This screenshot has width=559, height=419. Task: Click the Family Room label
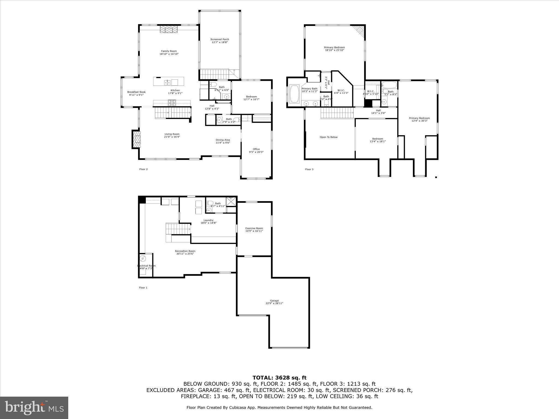pos(169,51)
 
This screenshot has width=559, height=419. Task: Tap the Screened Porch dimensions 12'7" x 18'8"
pos(220,42)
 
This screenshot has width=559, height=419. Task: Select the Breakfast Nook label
pos(136,92)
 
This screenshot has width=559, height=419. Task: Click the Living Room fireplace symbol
pos(136,139)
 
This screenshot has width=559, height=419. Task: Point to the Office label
pos(256,149)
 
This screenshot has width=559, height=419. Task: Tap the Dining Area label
pos(223,140)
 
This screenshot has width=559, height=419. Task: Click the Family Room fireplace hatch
pos(168,29)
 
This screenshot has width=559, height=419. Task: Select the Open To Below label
pos(329,137)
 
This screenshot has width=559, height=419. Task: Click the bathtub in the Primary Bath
pos(294,94)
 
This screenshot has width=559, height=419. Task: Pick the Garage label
pos(274,301)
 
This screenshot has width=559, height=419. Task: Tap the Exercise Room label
pos(254,228)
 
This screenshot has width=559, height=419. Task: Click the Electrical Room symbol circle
pos(143,258)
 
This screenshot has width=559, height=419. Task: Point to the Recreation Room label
pos(185,251)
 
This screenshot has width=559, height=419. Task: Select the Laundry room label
pos(208,220)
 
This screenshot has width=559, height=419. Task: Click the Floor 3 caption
pos(309,169)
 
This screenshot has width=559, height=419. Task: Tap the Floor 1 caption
pos(143,288)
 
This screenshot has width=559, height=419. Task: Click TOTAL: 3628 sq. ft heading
pos(279,378)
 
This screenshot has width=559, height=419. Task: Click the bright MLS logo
pos(34,408)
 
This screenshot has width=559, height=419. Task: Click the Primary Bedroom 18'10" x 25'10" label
pos(334,47)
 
